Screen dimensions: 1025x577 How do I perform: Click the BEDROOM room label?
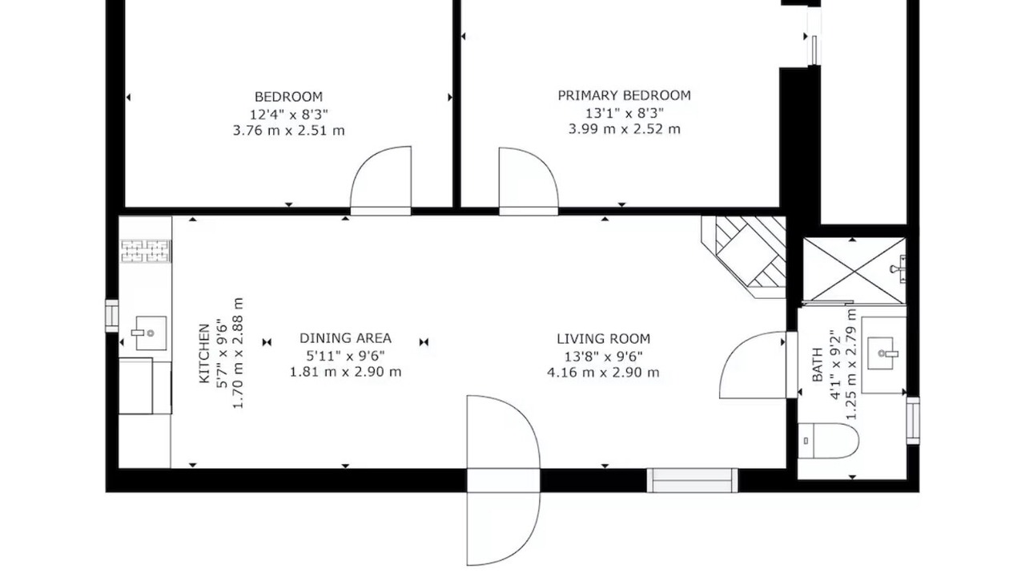pyautogui.click(x=288, y=97)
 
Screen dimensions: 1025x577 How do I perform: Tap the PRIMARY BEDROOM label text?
pyautogui.click(x=624, y=95)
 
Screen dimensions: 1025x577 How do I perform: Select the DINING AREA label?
pyautogui.click(x=345, y=338)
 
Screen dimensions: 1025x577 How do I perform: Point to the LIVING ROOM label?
pyautogui.click(x=603, y=339)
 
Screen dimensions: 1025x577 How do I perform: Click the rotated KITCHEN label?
pyautogui.click(x=204, y=353)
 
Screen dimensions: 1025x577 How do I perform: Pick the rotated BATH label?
pyautogui.click(x=818, y=365)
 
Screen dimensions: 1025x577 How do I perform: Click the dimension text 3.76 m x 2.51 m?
pyautogui.click(x=288, y=131)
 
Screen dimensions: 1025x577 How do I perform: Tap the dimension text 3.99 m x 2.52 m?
pyautogui.click(x=624, y=129)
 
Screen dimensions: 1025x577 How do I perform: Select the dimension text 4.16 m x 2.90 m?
pyautogui.click(x=603, y=373)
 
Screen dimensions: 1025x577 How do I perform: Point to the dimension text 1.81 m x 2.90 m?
pyautogui.click(x=345, y=371)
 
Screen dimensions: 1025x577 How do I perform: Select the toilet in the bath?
pyautogui.click(x=828, y=441)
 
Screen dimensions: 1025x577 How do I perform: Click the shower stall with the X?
pyautogui.click(x=854, y=270)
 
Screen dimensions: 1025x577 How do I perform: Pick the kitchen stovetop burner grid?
pyautogui.click(x=146, y=251)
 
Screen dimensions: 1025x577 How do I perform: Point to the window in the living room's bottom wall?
pyautogui.click(x=693, y=480)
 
